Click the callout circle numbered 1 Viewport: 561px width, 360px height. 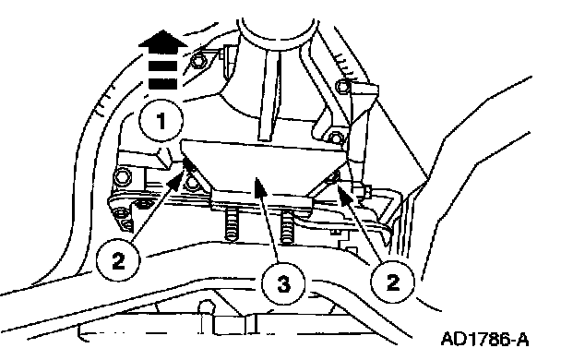click(161, 121)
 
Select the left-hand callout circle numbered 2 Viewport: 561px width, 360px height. click(118, 261)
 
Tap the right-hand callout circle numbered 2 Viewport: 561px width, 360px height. click(392, 282)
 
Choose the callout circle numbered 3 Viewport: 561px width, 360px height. click(283, 284)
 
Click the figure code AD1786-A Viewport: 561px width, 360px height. click(485, 339)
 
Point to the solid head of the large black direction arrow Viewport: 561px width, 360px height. click(162, 39)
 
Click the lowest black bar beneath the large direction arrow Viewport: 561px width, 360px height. click(162, 83)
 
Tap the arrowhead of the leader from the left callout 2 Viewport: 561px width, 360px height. click(177, 179)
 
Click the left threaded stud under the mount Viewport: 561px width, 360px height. click(231, 225)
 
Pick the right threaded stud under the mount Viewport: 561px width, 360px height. click(287, 227)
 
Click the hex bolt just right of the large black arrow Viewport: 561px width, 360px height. click(197, 61)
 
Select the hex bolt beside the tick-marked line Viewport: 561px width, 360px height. click(343, 86)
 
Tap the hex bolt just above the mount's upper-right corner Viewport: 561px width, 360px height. click(335, 137)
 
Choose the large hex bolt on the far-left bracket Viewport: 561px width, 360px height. click(122, 176)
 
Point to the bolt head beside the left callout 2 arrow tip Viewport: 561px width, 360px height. click(193, 183)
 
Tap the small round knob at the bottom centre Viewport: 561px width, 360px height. click(206, 307)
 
